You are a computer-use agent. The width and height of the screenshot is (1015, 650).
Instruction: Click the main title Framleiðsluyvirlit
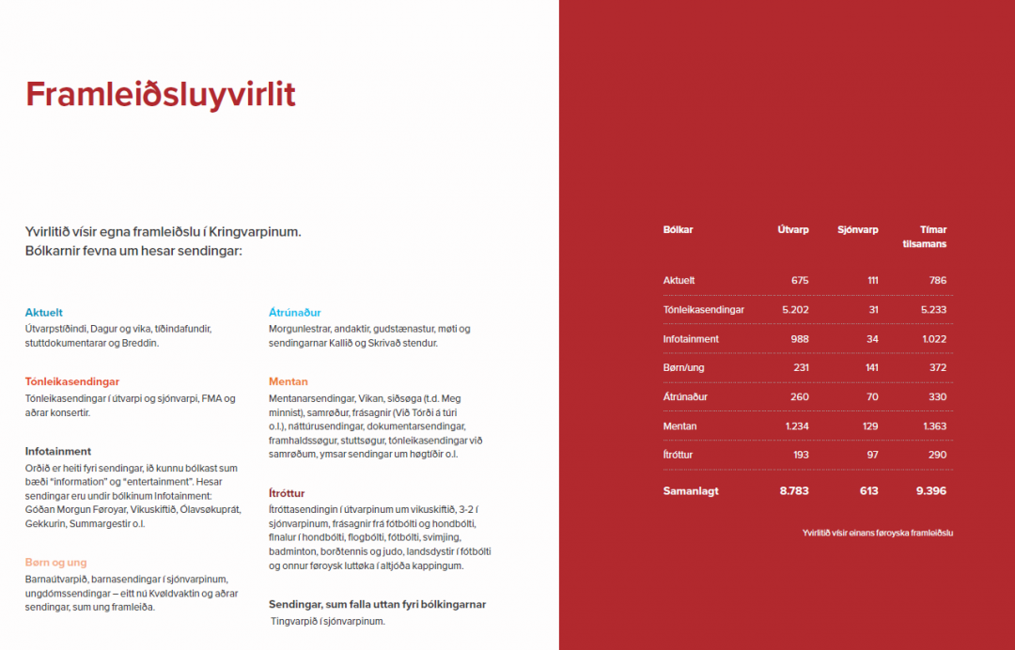[x=161, y=95]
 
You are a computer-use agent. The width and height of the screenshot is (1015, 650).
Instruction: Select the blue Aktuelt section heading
[x=44, y=312]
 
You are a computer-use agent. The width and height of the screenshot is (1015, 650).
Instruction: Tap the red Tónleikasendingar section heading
[x=72, y=381]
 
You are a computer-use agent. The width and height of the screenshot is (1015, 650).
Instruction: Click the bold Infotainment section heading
[x=58, y=451]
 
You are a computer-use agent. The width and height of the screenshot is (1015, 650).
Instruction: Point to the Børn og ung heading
[x=56, y=563]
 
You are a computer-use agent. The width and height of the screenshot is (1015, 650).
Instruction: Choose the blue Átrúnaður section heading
[x=295, y=312]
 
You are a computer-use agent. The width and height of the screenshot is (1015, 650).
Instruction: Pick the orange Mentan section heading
[x=289, y=381]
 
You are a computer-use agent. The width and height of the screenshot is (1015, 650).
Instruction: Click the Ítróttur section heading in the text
[x=287, y=493]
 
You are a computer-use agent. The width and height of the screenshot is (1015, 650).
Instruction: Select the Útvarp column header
[x=793, y=229]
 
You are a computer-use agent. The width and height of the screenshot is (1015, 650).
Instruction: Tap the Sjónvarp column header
[x=858, y=229]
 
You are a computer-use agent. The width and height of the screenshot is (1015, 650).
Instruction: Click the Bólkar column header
[x=678, y=229]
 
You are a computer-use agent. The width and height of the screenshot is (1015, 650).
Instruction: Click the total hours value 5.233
[x=930, y=309]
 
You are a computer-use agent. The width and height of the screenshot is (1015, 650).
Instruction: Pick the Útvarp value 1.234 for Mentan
[x=795, y=426]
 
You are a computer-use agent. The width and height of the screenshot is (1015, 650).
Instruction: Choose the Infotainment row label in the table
[x=691, y=338]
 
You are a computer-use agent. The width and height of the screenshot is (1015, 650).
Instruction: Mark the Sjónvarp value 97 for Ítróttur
[x=872, y=455]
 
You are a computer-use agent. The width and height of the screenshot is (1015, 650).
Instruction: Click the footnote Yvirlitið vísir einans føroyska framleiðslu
[x=878, y=533]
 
